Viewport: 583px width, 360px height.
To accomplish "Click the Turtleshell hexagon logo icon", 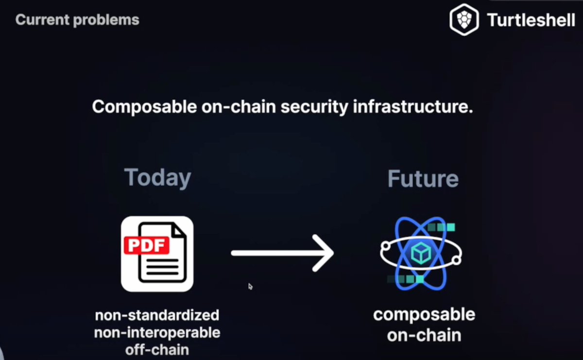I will (x=464, y=20).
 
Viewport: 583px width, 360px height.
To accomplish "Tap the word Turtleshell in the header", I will (x=531, y=20).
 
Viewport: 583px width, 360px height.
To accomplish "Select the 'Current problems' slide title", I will (x=77, y=20).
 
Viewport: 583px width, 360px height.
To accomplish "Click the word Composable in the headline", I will (x=144, y=107).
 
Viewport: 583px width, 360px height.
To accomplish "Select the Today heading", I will (x=157, y=178).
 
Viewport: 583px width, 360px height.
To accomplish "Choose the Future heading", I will (x=423, y=179).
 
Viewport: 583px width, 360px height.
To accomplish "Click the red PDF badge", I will (x=146, y=245).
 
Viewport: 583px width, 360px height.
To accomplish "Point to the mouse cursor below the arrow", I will (x=250, y=286).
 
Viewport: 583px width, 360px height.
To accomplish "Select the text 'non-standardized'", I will (x=157, y=315).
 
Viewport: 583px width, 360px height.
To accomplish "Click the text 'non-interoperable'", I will (x=157, y=333).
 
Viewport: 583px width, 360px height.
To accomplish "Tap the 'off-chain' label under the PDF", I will (x=157, y=350).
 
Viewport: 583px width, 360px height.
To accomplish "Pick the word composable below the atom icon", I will (x=424, y=315).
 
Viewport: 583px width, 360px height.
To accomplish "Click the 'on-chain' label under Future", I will (x=424, y=335).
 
